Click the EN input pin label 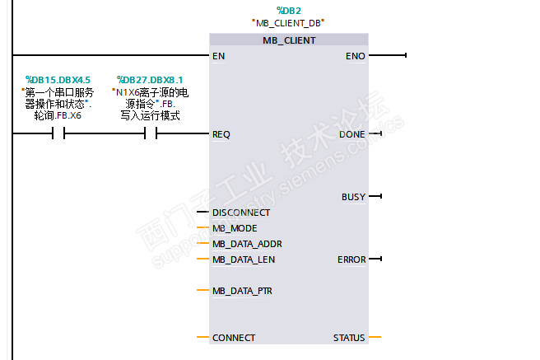coord(218,56)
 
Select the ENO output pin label coord(356,56)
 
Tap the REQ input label coord(221,133)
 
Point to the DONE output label coord(351,133)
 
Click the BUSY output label coord(353,197)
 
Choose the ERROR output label coord(351,259)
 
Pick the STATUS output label coord(349,338)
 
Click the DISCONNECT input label coord(241,213)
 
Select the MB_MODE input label coord(235,228)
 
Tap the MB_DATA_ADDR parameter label coord(247,244)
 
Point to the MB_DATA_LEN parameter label coord(244,259)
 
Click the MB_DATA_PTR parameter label coord(244,291)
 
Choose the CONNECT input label coord(234,338)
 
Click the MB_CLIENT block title coord(289,40)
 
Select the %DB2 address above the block coord(288,10)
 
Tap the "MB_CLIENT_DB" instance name coord(288,22)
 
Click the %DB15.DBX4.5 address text coord(58,79)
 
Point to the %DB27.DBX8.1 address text coord(150,79)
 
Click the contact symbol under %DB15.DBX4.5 coord(58,133)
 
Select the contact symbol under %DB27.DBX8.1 coord(150,133)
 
